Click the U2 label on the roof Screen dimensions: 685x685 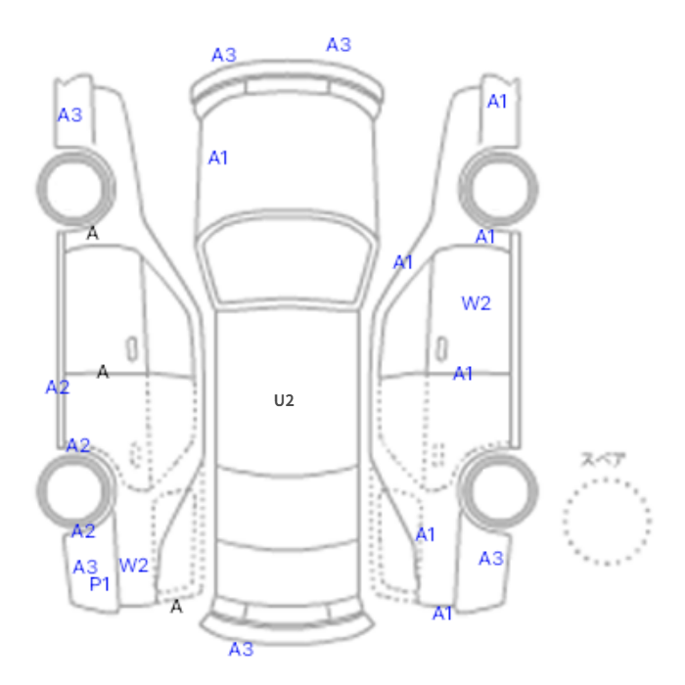coord(284,400)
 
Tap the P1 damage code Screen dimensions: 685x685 coord(99,584)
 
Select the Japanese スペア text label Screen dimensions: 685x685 coord(603,460)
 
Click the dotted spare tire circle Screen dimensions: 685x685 coord(608,479)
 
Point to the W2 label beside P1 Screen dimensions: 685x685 coord(134,566)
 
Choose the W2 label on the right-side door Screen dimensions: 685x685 coord(477,303)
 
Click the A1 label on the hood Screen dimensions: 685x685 coord(218,158)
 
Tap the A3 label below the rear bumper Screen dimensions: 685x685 coord(241,649)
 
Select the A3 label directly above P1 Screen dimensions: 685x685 coord(85,567)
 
